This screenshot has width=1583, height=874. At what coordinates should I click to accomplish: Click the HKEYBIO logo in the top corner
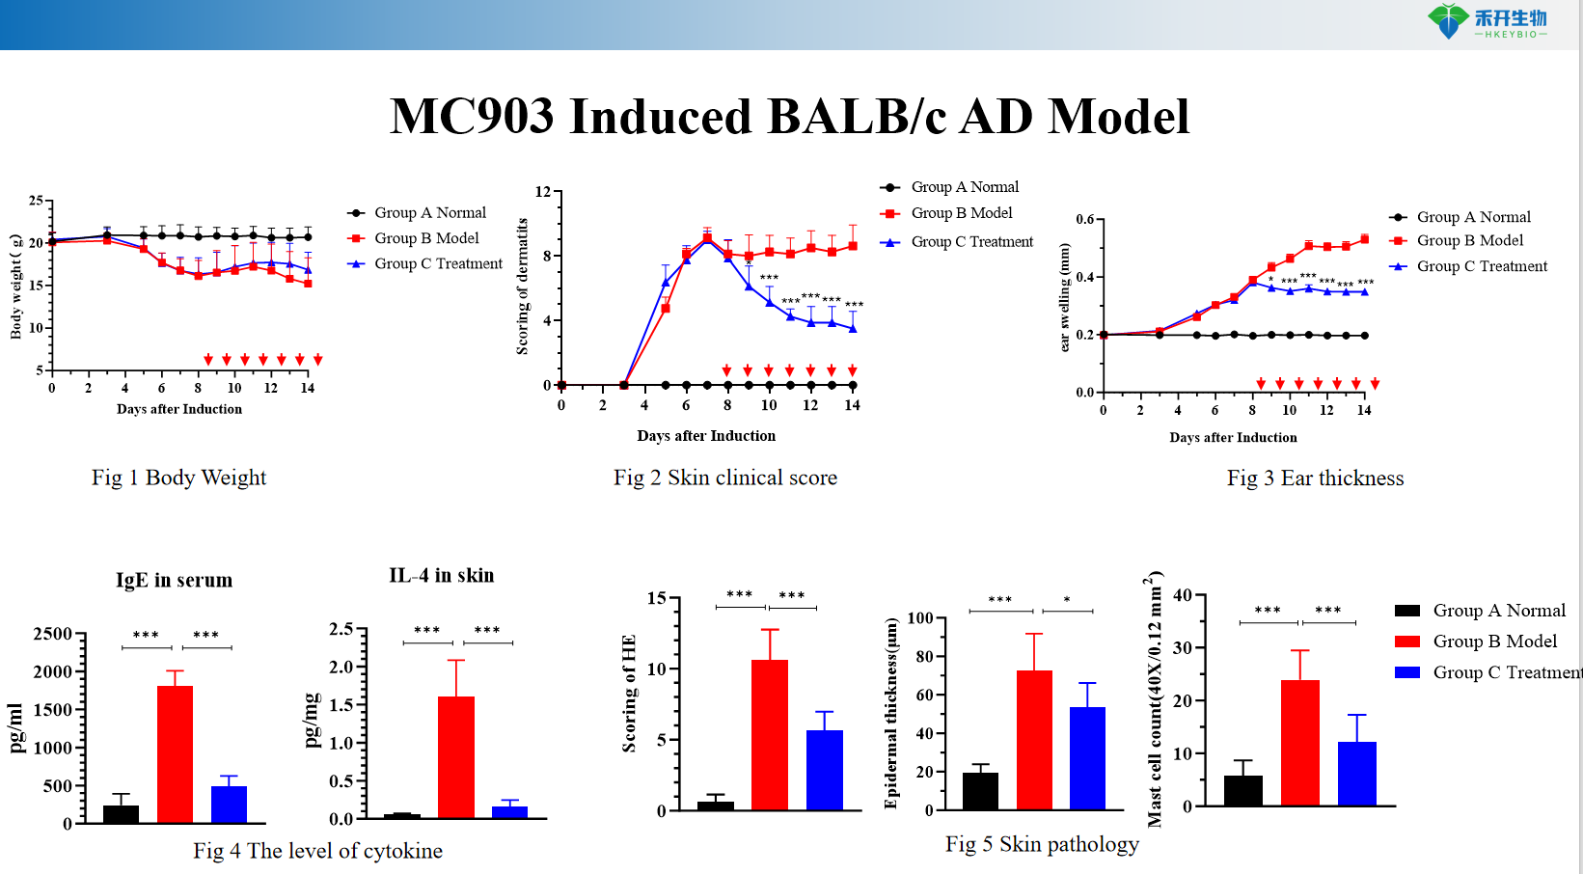pos(1487,21)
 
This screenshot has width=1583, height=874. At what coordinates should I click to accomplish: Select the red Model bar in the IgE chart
pos(175,753)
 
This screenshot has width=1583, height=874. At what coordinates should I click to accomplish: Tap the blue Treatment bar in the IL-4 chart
pos(509,811)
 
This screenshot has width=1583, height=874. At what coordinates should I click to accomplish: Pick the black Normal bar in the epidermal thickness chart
pos(980,790)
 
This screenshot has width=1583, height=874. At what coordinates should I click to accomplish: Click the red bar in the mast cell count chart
pos(1299,742)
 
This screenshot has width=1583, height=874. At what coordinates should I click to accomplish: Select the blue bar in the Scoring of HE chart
pos(824,769)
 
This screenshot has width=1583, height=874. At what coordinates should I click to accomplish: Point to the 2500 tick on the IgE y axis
pos(53,634)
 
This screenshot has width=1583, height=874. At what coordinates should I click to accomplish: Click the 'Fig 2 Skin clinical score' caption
pos(725,478)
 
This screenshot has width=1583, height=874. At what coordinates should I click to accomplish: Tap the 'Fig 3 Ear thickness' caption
pos(1315,478)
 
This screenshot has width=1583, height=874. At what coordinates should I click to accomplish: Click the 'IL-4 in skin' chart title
pos(441,576)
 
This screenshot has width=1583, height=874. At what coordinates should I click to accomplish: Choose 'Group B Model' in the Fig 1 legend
pos(426,238)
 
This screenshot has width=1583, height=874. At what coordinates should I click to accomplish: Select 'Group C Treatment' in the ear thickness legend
pos(1482,266)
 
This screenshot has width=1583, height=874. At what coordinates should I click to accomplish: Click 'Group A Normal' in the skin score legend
pos(965,187)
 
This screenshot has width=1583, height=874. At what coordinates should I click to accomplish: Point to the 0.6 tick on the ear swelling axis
pos(1085,220)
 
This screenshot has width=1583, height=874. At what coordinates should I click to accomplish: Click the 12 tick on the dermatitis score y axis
pos(543,192)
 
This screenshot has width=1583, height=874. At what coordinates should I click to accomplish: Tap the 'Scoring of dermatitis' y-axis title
pos(522,287)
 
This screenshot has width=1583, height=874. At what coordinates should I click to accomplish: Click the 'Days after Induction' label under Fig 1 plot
pos(179,409)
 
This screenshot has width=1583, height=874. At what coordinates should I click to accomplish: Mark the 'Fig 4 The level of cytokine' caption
pos(317,851)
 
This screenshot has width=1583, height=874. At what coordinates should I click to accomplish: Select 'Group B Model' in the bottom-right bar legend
pos(1494,642)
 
